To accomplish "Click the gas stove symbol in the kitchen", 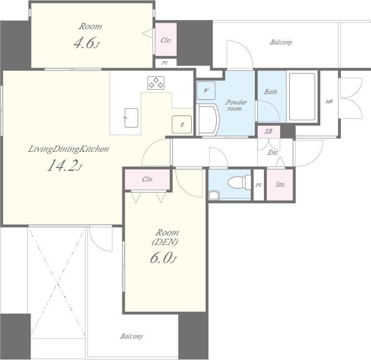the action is coord(156,83).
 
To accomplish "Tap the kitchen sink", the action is coord(131,117).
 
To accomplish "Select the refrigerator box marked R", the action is coord(182,124).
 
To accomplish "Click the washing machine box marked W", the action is coord(206,90).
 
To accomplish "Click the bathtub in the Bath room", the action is coord(302,96).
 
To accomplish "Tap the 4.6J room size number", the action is coord(87,43).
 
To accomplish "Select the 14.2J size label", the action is coord(65,165).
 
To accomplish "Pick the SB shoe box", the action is coord(269,131).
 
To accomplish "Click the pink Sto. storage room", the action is coord(280,184).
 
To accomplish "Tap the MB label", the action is coord(329,102).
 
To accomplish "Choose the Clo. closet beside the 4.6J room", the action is coord(166,40).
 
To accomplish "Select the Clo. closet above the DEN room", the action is coord(148,180).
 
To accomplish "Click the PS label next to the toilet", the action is coord(258,185).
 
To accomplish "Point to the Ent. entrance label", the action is coord(273,153).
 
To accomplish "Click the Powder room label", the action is coord(236,106).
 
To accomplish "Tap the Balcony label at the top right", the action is coord(281,42).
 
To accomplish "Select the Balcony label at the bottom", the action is coord(131,336).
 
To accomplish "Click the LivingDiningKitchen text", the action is coord(68,149).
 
